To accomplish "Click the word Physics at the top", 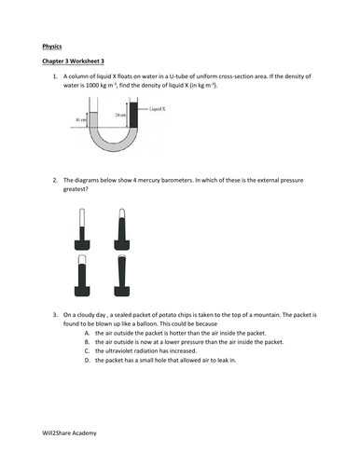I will click(x=52, y=44).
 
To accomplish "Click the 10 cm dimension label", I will click(x=81, y=120).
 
